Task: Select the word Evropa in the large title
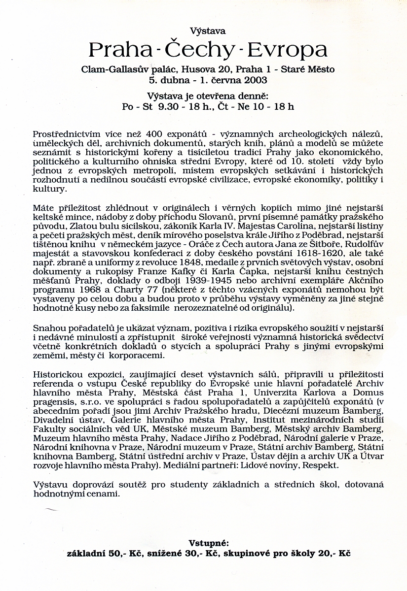pyautogui.click(x=288, y=50)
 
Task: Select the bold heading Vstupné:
pyautogui.click(x=209, y=543)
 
